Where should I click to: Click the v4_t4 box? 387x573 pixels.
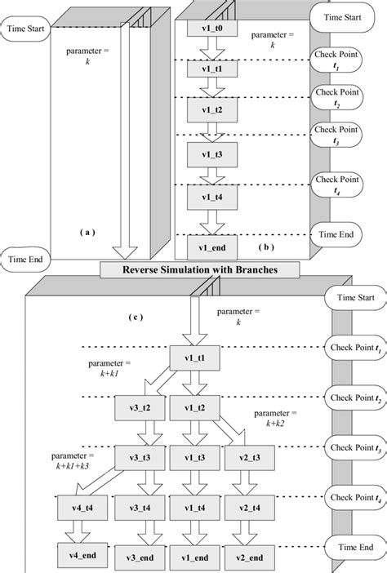[x=79, y=508]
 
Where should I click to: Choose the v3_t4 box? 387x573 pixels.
[x=136, y=508]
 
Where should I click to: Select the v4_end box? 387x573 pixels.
[x=79, y=556]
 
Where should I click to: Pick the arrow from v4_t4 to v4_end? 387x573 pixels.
[x=79, y=532]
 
